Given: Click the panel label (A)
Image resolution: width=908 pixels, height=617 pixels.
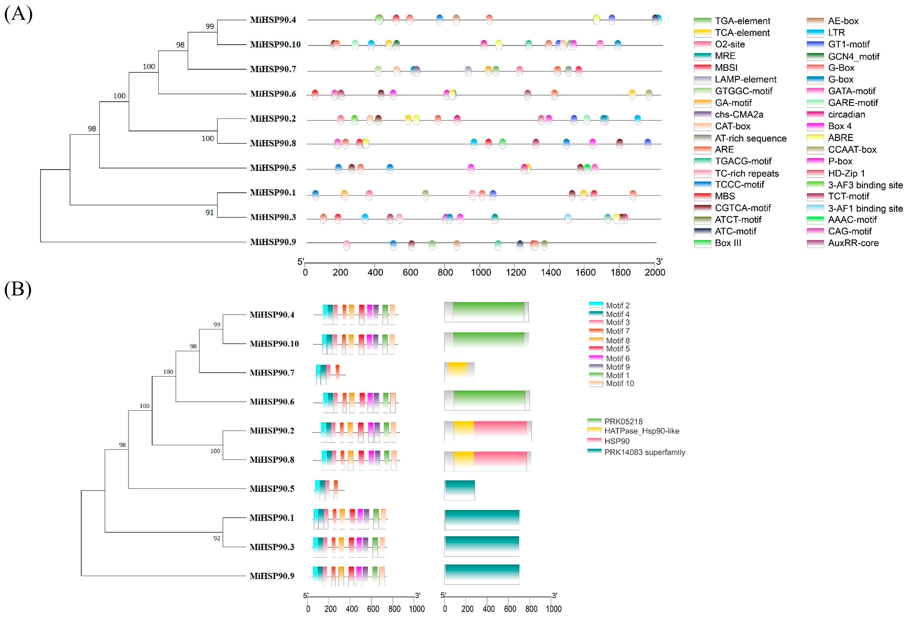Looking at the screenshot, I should coord(18,14).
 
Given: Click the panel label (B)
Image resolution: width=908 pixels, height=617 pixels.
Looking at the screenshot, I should coord(18,289).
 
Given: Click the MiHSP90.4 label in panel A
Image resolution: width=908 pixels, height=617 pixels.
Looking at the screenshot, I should coord(273,20).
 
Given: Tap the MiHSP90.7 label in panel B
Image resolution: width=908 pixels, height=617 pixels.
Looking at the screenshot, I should coord(272,372).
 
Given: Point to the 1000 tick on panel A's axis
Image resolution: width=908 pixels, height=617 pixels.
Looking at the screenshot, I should coord(481,272).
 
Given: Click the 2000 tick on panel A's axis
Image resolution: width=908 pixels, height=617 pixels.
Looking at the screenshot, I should coord(655,272).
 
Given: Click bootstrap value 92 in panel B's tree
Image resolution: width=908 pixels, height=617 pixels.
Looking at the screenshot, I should coord(217,538).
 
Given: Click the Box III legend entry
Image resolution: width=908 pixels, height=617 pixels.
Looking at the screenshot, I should coord(728,243).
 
